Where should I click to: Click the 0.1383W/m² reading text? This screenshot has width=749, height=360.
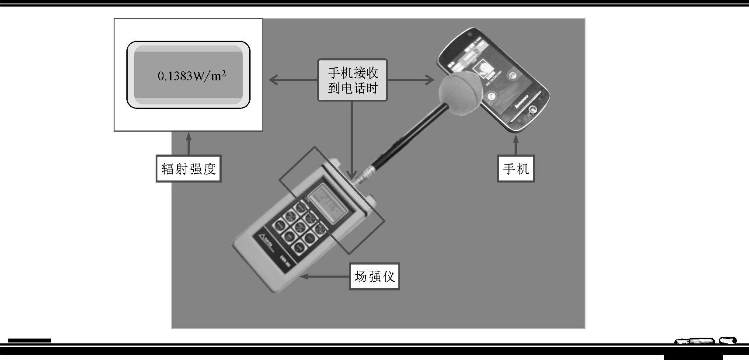coord(192,76)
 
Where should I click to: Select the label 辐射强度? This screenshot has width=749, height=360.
coord(188,168)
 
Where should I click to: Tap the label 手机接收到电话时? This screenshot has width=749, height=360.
coord(352,80)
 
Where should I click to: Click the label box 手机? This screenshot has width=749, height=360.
coord(516,168)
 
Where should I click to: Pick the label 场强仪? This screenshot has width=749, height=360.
coord(374,276)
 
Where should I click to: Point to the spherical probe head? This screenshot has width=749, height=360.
coord(461,94)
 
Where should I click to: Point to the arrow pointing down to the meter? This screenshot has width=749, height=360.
coord(352,140)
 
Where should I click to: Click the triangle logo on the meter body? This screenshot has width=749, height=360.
coord(263,238)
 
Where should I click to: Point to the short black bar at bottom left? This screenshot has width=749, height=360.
coord(29,340)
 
